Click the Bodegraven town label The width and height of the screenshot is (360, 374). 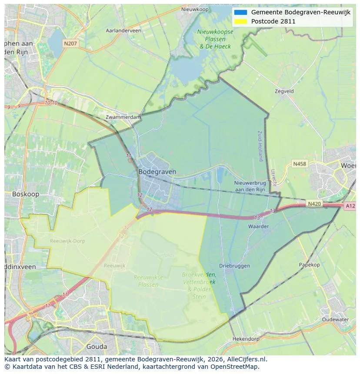(157, 172)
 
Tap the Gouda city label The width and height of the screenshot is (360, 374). (97, 346)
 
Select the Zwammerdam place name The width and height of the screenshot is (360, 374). (123, 117)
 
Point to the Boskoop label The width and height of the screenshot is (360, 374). (26, 194)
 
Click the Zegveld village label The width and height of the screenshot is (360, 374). (284, 91)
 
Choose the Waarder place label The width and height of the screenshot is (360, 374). (258, 226)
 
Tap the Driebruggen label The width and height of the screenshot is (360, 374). (234, 265)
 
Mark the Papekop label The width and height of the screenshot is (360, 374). (309, 265)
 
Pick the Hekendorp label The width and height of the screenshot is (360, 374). (246, 338)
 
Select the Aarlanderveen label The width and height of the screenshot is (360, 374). (123, 31)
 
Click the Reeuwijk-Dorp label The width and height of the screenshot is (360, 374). (67, 241)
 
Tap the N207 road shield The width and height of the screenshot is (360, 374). (70, 43)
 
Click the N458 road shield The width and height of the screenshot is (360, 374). (299, 164)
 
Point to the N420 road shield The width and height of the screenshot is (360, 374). (314, 203)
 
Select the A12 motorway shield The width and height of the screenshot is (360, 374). (350, 206)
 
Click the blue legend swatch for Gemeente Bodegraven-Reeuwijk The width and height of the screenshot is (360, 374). (240, 12)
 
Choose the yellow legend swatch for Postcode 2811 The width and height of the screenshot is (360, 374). (240, 21)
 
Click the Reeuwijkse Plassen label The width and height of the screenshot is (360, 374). (148, 281)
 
